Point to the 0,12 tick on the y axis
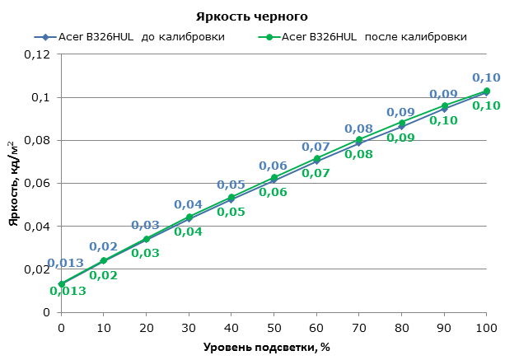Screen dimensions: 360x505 click(36, 54)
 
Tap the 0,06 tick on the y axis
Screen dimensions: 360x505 click(36, 184)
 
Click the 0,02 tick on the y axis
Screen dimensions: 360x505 click(36, 269)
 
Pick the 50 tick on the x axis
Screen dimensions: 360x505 click(274, 327)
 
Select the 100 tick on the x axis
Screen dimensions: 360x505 click(486, 327)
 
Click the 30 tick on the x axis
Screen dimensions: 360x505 click(189, 327)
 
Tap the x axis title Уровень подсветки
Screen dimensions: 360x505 click(267, 346)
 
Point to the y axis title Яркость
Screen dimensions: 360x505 click(14, 183)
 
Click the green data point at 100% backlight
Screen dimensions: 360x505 click(487, 91)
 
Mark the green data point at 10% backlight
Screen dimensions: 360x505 click(104, 260)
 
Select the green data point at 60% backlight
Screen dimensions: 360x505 click(316, 158)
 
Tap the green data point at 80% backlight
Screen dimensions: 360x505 click(402, 123)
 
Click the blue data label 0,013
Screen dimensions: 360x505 click(65, 264)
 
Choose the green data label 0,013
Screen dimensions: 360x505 click(68, 290)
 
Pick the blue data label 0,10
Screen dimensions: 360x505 click(486, 77)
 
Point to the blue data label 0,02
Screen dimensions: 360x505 click(103, 246)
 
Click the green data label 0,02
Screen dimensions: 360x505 click(103, 275)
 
